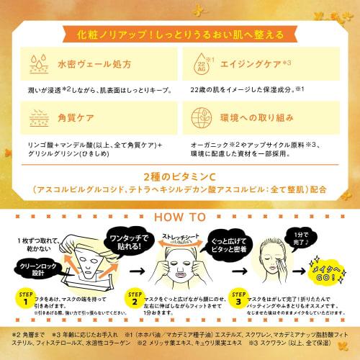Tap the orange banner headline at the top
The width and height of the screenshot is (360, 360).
pyautogui.click(x=180, y=33)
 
